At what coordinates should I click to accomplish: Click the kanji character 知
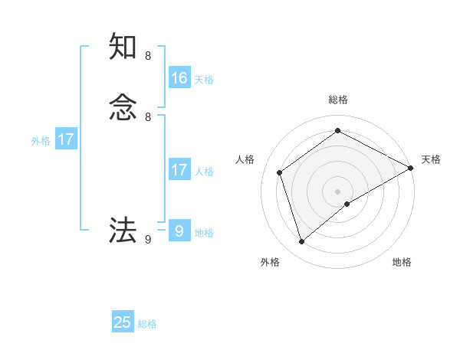[123, 47]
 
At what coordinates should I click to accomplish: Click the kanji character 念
[123, 108]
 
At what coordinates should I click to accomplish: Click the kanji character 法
[123, 229]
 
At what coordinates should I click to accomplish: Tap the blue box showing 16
[179, 78]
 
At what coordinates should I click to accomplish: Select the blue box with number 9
[179, 231]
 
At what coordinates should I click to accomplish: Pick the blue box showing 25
[123, 322]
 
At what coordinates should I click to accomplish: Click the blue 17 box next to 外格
[66, 139]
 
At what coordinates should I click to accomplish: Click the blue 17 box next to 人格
[179, 170]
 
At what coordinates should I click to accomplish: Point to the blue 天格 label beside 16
[203, 80]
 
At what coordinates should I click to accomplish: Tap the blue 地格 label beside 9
[204, 233]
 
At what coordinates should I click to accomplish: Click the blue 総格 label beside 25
[147, 324]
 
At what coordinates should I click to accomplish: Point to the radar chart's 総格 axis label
[338, 100]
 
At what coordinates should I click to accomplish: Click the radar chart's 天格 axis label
[431, 159]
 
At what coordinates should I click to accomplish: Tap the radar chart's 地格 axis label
[402, 263]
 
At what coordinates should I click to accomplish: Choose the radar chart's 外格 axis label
[270, 263]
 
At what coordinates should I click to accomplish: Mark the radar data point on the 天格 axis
[411, 168]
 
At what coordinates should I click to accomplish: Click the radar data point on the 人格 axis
[280, 172]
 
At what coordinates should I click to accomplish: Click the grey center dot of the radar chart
[338, 191]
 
